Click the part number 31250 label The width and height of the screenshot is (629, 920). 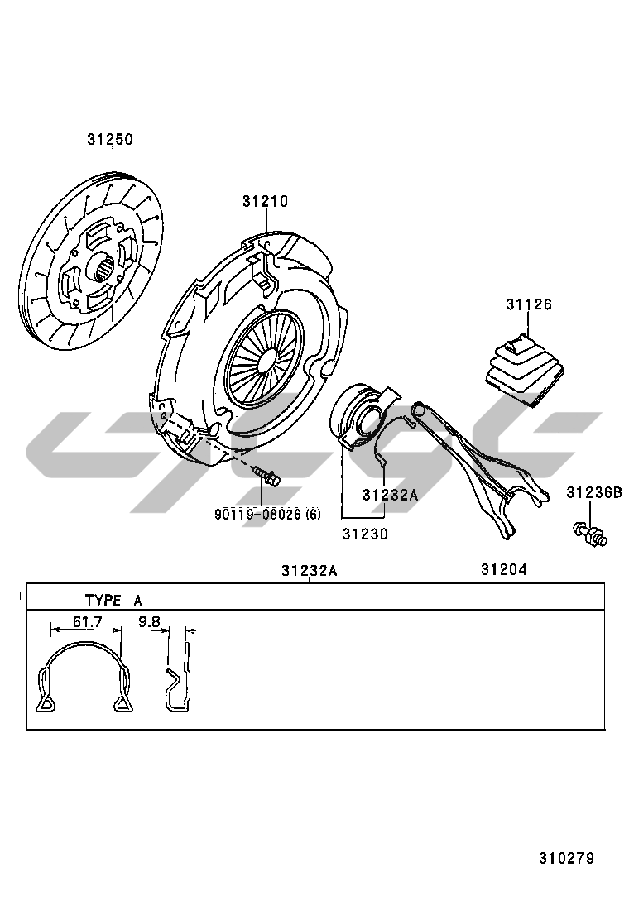tap(110, 140)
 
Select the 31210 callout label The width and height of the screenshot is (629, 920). tap(266, 201)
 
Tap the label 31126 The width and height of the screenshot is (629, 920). tap(529, 304)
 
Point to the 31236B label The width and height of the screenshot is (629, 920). tap(594, 493)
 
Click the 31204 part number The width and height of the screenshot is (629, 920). tap(503, 569)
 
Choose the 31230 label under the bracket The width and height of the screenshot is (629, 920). tap(365, 534)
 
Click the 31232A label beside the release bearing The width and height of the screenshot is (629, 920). tap(390, 495)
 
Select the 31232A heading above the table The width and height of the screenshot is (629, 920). tap(309, 571)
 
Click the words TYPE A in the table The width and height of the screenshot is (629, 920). tap(113, 601)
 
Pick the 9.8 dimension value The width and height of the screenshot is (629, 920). tap(149, 621)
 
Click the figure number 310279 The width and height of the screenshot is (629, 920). tap(566, 858)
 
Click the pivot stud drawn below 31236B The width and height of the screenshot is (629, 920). tap(588, 534)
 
